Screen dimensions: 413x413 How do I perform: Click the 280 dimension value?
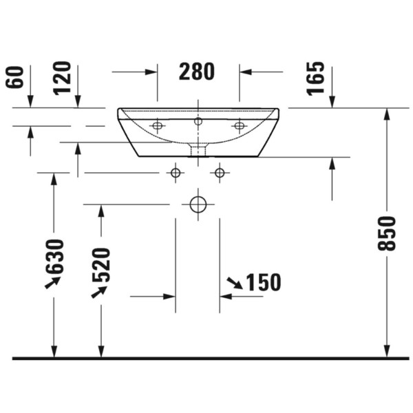tap(197, 71)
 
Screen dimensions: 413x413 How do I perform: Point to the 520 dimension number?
tap(101, 265)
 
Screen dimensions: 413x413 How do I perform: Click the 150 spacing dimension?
tap(263, 282)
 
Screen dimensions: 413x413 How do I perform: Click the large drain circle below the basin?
tap(198, 204)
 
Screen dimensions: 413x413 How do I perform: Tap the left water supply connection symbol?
tap(176, 172)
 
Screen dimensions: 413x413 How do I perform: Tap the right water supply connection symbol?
tap(220, 172)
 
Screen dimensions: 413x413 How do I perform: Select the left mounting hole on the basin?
tap(157, 126)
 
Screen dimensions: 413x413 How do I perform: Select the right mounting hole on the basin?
tap(239, 126)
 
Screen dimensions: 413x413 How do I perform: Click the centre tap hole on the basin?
tap(198, 122)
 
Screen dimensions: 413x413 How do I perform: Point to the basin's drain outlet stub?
tap(198, 149)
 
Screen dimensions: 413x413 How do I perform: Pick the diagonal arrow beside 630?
tap(52, 282)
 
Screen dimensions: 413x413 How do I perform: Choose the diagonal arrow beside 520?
tap(99, 291)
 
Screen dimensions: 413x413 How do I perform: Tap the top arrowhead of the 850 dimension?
tap(387, 114)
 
